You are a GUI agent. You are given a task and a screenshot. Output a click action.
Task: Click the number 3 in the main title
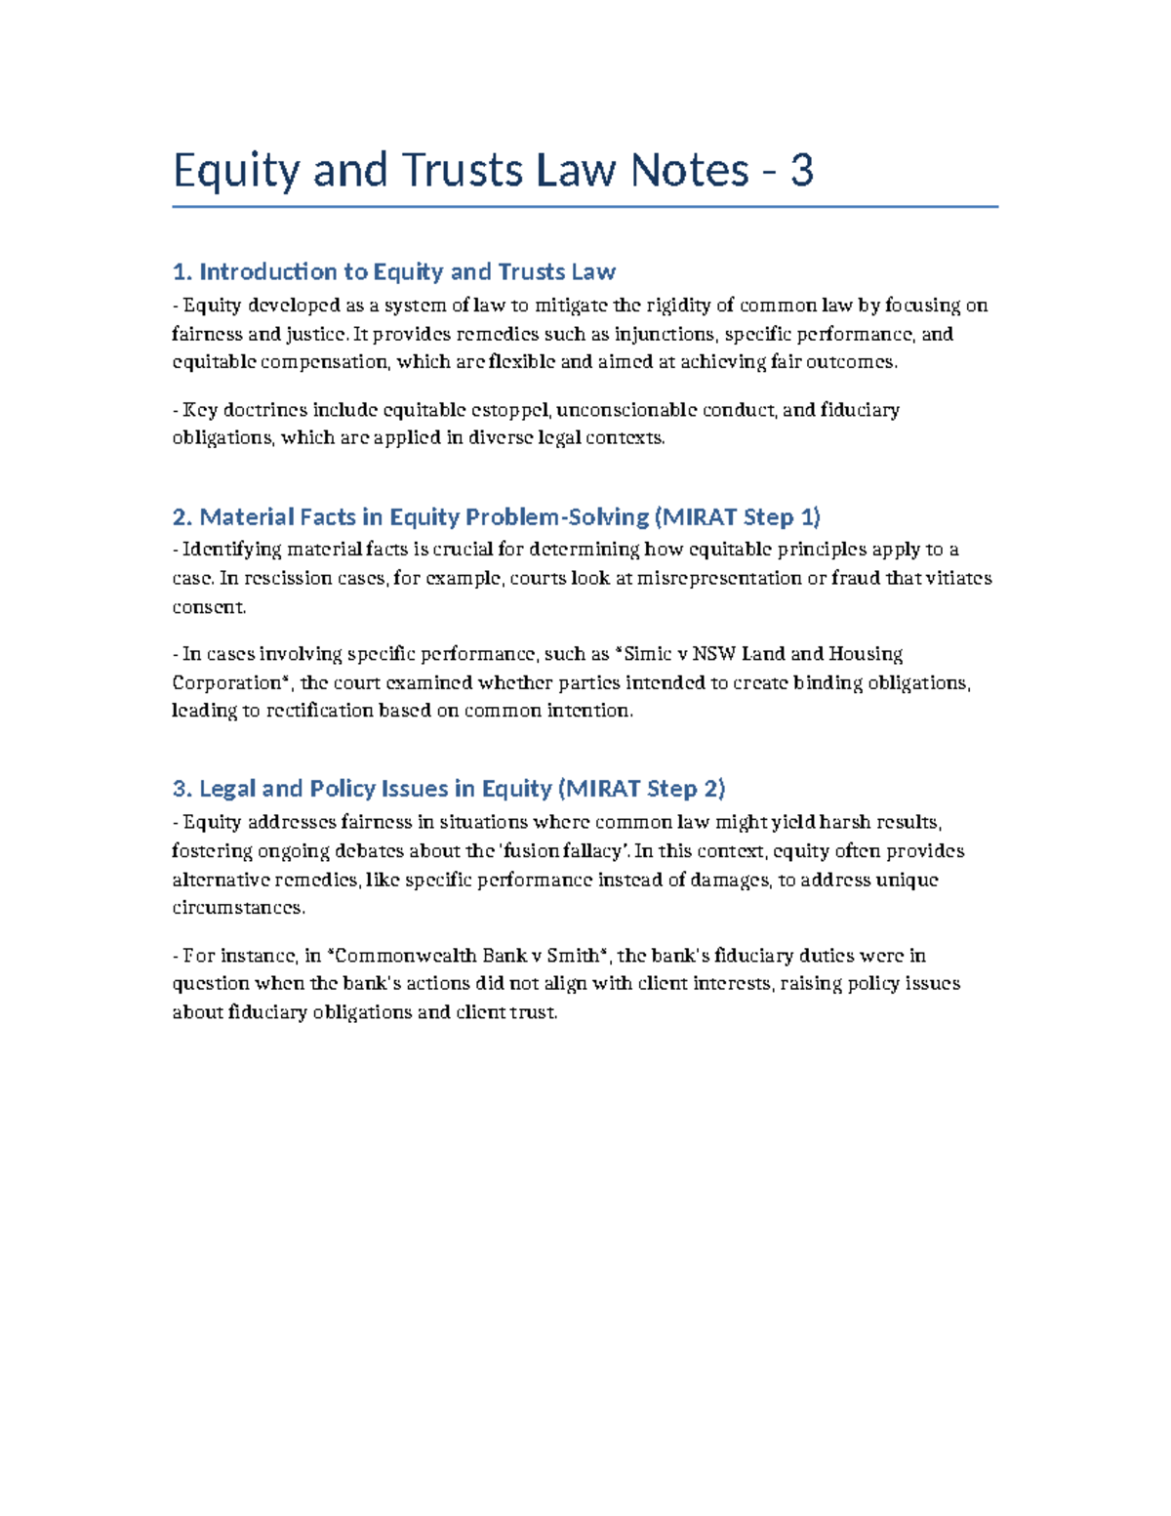click(x=801, y=171)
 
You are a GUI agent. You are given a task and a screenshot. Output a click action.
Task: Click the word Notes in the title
click(x=690, y=171)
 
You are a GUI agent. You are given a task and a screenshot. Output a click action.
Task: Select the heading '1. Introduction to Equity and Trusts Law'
click(x=393, y=271)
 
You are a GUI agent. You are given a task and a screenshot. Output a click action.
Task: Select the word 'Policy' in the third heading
click(x=343, y=789)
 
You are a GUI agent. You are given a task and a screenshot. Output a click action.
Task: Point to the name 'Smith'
click(x=572, y=956)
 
